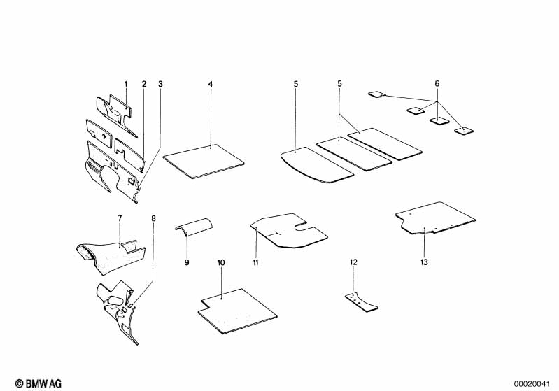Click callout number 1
(x=126, y=85)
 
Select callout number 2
(x=144, y=85)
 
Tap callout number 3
(x=160, y=85)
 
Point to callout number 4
(x=211, y=85)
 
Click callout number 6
(x=437, y=84)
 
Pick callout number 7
(x=120, y=218)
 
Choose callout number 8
(x=154, y=218)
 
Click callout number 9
(x=187, y=263)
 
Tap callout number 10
(x=221, y=263)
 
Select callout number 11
(x=255, y=263)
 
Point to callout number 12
(x=353, y=262)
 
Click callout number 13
(x=424, y=262)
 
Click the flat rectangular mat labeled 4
(x=204, y=161)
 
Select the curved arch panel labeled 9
(x=194, y=227)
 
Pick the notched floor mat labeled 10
(x=238, y=311)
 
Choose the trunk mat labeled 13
(x=435, y=218)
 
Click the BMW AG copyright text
(x=38, y=383)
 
